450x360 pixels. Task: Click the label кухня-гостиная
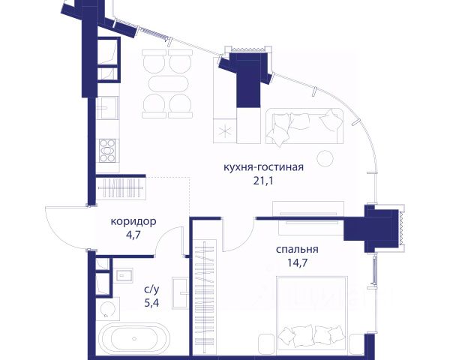coord(263,167)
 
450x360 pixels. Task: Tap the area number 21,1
coord(263,181)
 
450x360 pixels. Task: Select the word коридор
coord(133,222)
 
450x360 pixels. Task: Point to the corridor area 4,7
coord(133,235)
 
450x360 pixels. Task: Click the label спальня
coord(297,249)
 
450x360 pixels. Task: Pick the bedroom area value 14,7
coord(297,262)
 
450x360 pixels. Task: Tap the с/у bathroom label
coord(151,289)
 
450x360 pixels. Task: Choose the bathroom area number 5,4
coord(151,303)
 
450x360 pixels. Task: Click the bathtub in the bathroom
coord(133,339)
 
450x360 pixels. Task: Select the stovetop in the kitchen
coord(107,151)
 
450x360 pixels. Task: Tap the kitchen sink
coord(107,108)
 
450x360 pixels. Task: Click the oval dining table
coord(169,84)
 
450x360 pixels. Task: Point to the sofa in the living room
coord(304,126)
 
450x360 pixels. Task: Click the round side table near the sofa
coord(325,158)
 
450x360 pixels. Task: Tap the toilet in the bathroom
coord(107,309)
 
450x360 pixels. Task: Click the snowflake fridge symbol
coord(225,131)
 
